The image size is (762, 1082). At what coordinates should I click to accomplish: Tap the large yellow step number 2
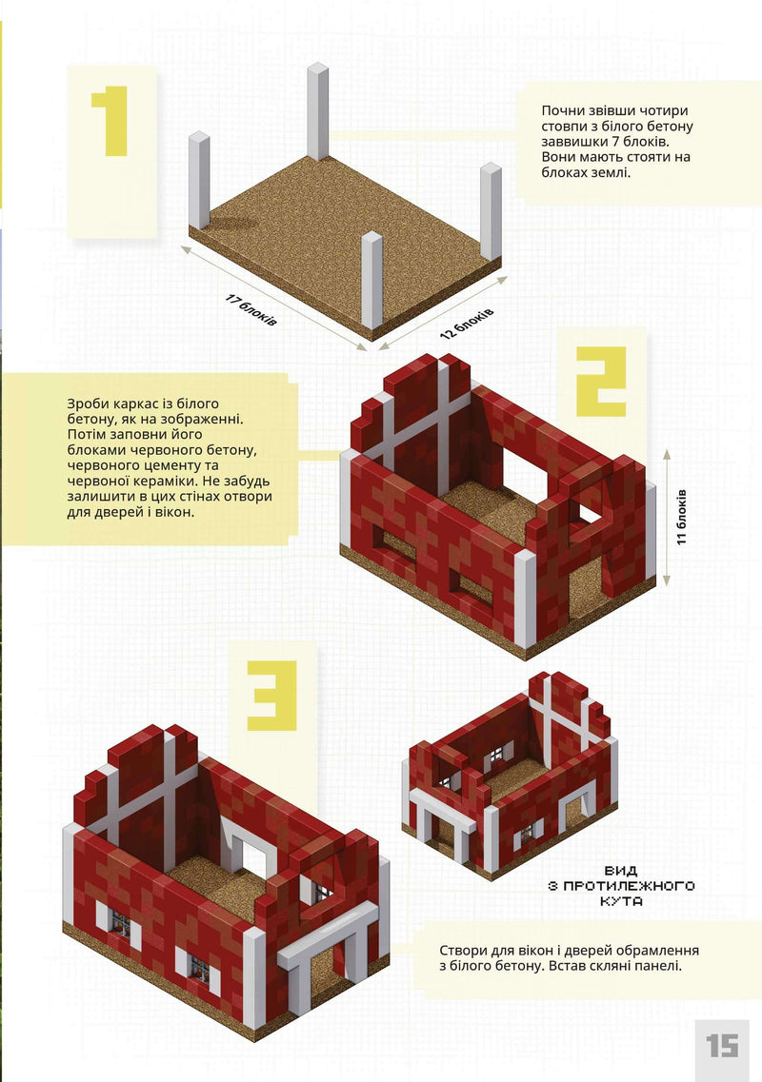click(x=601, y=382)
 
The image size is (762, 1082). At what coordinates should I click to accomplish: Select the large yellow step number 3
click(x=272, y=696)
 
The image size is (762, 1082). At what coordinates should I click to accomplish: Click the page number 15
click(x=723, y=1046)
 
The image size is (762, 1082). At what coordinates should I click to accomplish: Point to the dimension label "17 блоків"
click(x=252, y=310)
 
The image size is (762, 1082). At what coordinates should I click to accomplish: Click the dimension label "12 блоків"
click(x=467, y=323)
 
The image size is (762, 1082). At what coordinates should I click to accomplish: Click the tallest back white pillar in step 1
click(x=318, y=111)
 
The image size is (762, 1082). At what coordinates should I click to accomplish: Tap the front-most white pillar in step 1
click(x=371, y=280)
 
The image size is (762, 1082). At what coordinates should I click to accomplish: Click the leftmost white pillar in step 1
click(x=199, y=180)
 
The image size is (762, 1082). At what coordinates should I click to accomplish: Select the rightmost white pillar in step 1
click(x=491, y=211)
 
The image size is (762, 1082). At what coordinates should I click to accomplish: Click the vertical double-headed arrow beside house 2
click(x=667, y=518)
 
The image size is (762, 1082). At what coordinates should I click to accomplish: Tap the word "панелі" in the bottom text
click(x=660, y=965)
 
